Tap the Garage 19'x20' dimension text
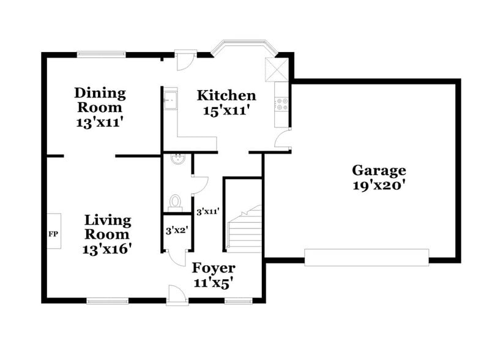[x=379, y=186]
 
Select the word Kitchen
[x=226, y=96]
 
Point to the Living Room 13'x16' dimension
[x=107, y=249]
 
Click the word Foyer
[x=214, y=268]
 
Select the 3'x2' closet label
[x=176, y=231]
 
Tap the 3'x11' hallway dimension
[x=208, y=212]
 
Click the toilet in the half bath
[x=176, y=202]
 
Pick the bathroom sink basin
[x=177, y=160]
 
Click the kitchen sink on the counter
[x=170, y=99]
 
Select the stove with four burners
[x=283, y=104]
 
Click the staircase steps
[x=245, y=231]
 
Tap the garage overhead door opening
[x=367, y=258]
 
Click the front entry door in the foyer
[x=177, y=295]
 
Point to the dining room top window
[x=102, y=54]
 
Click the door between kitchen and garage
[x=283, y=140]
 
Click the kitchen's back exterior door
[x=184, y=59]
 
